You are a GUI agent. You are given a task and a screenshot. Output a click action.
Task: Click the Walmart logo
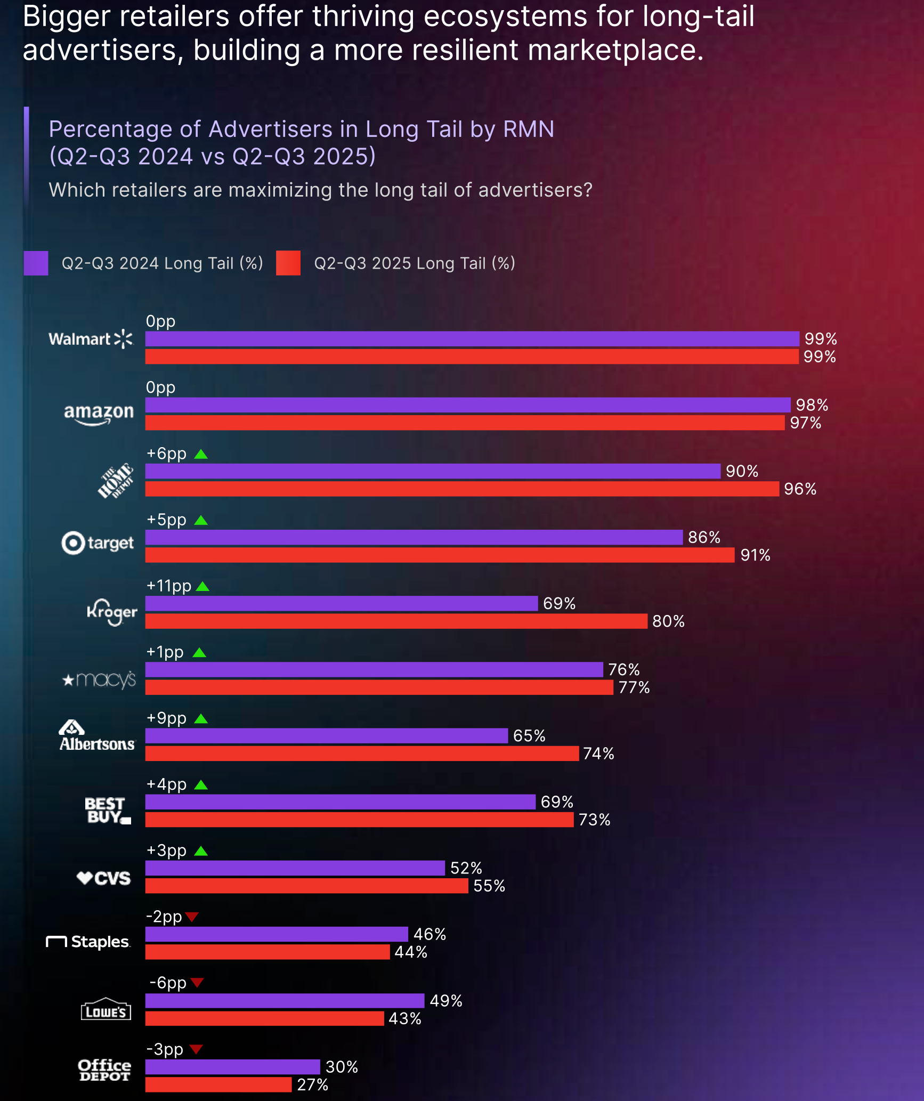(91, 339)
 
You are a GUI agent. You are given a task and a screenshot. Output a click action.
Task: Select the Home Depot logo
(115, 481)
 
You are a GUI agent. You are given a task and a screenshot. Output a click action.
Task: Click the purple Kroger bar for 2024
(341, 603)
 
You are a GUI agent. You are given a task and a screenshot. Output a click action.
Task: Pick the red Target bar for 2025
(440, 555)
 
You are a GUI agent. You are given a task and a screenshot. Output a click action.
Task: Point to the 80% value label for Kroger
(668, 621)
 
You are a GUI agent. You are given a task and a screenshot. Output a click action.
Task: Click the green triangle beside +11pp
(202, 587)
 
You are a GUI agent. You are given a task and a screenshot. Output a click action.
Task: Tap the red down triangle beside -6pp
(197, 982)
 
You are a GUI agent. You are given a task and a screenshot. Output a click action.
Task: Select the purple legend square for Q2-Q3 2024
(36, 263)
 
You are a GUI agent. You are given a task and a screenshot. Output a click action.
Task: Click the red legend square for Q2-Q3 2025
(288, 263)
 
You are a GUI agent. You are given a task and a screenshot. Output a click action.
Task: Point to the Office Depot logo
(104, 1070)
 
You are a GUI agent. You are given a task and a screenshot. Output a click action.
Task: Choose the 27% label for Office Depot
(312, 1085)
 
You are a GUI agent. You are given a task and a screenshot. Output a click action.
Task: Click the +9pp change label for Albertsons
(166, 718)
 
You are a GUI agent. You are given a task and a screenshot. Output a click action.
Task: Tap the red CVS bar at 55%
(306, 886)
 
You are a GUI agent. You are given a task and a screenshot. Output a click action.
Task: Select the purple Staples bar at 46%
(277, 934)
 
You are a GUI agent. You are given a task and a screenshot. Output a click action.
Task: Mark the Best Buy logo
(107, 811)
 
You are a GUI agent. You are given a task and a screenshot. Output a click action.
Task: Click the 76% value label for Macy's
(623, 669)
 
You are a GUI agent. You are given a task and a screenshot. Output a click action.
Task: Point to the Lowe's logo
(106, 1009)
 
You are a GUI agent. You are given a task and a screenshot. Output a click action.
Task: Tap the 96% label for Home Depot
(800, 489)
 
